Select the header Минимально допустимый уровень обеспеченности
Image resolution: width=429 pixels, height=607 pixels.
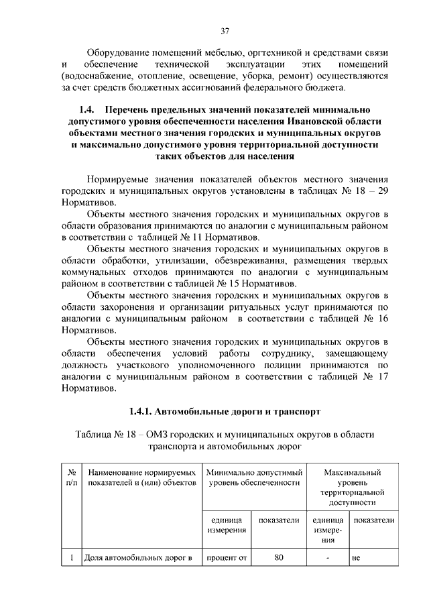coord(253,478)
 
